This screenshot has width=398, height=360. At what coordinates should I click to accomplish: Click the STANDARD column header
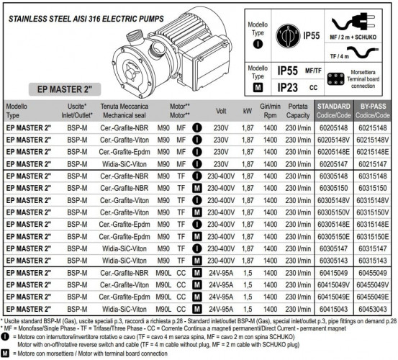click(x=333, y=109)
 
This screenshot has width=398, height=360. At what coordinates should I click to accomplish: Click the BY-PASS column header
click(x=373, y=109)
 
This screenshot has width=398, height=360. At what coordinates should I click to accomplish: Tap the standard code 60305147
click(x=333, y=248)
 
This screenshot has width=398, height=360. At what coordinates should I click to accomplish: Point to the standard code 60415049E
click(x=333, y=296)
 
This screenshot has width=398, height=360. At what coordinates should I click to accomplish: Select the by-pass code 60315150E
click(x=373, y=236)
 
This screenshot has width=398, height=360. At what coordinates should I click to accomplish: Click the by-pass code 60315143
click(x=373, y=260)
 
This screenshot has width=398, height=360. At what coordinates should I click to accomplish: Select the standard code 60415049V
click(x=333, y=284)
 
